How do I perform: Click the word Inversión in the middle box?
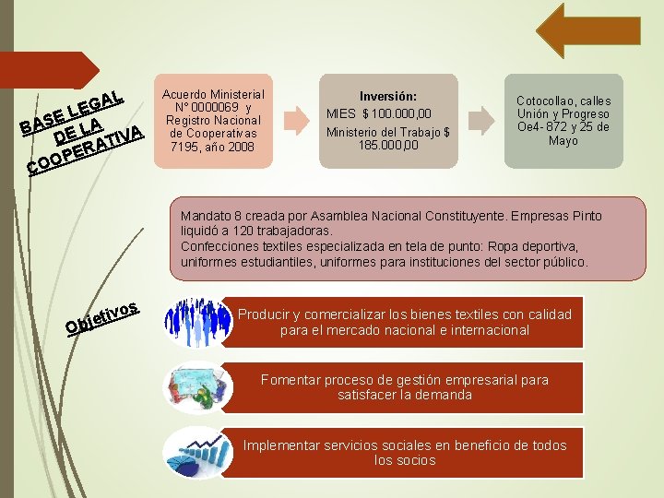387,96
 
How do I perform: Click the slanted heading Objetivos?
101,315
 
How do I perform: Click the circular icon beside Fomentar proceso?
191,386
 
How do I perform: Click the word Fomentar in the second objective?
291,380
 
